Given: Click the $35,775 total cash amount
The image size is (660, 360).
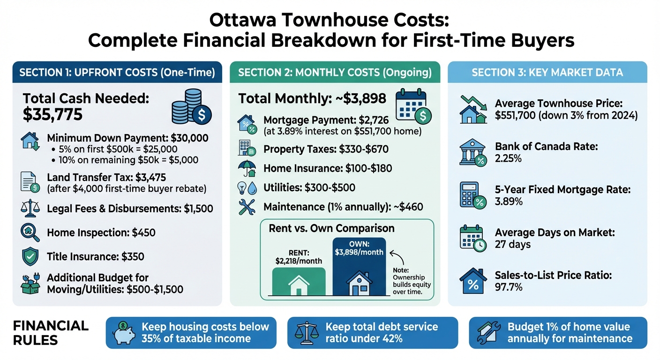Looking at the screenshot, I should tap(52, 113).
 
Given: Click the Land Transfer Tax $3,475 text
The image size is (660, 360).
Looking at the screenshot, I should tap(107, 178).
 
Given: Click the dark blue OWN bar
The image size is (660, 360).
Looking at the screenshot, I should tap(359, 267).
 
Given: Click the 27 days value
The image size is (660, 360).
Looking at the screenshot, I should tap(512, 244).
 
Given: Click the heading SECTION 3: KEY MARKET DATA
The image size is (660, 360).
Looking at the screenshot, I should tap(547, 72).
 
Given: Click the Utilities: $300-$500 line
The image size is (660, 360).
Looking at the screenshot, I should tap(309, 187).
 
